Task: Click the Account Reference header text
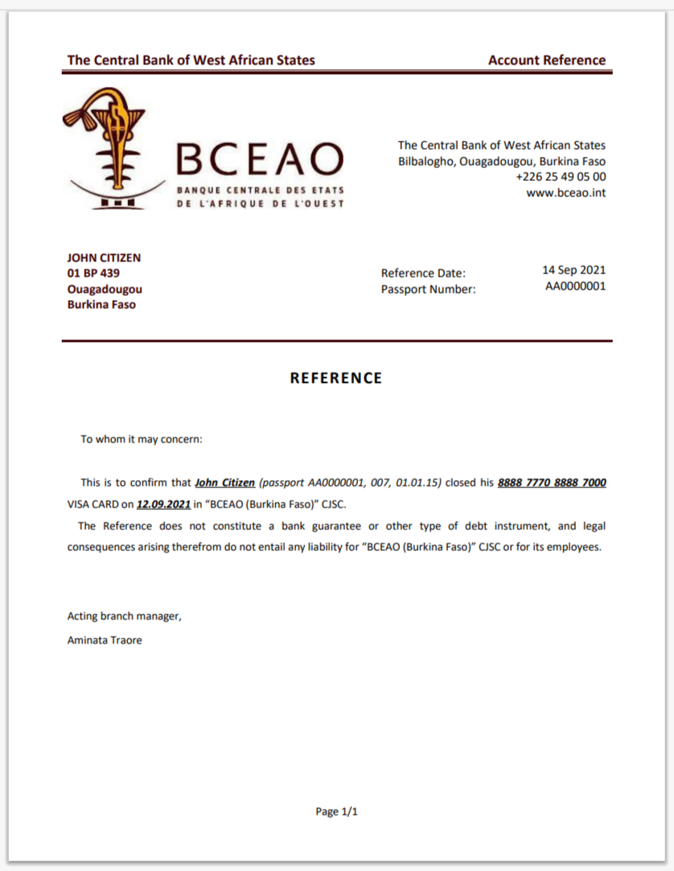coord(546,60)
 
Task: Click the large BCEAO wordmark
coord(260,159)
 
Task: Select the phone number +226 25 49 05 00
coord(561,177)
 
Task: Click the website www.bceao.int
coord(565,193)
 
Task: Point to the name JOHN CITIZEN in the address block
coord(104,258)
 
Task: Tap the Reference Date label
coord(423,273)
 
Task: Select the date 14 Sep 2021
coord(573,270)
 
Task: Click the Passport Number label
coord(428,290)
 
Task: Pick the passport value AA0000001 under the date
coord(575,286)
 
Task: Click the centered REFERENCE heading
coord(336,378)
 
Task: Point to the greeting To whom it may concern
coord(142,440)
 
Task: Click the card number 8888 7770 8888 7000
coord(552,483)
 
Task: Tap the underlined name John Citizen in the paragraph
coord(225,483)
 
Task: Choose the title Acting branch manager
coord(125,617)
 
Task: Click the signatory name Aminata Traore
coord(105,640)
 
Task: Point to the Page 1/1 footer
coord(336,811)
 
